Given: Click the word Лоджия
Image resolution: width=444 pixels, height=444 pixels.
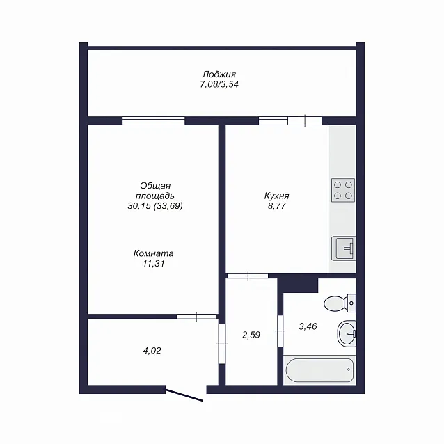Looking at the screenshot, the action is pyautogui.click(x=219, y=74).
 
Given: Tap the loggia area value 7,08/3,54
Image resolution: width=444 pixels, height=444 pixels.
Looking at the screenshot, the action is pyautogui.click(x=219, y=84).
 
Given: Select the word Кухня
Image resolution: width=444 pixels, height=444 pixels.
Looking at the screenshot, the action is pyautogui.click(x=277, y=196).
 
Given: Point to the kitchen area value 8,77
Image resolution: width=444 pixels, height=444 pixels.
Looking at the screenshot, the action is pyautogui.click(x=277, y=206).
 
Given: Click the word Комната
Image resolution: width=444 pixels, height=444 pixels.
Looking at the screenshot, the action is pyautogui.click(x=154, y=253).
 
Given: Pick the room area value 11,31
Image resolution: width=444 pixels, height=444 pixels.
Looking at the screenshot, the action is pyautogui.click(x=154, y=264).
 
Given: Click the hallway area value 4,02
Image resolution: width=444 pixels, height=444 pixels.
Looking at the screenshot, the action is pyautogui.click(x=152, y=351).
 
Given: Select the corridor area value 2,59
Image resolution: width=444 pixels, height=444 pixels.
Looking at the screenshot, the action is pyautogui.click(x=251, y=335).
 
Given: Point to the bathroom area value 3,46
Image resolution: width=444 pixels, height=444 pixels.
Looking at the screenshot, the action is pyautogui.click(x=308, y=326).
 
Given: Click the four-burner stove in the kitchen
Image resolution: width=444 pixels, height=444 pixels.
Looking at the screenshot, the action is pyautogui.click(x=343, y=190).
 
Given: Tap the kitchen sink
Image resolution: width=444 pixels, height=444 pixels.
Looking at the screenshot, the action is pyautogui.click(x=344, y=248).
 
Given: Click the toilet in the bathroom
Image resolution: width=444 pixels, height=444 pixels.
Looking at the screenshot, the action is pyautogui.click(x=340, y=303).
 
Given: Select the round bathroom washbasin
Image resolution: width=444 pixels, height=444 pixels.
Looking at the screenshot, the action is pyautogui.click(x=347, y=333).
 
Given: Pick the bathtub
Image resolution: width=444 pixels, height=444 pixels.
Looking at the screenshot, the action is pyautogui.click(x=319, y=370).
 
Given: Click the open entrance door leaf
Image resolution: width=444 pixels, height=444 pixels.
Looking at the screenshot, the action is pyautogui.click(x=184, y=395).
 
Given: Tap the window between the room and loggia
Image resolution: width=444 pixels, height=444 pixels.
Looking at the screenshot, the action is pyautogui.click(x=154, y=121).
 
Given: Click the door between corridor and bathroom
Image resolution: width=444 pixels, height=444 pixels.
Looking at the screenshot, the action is pyautogui.click(x=280, y=331).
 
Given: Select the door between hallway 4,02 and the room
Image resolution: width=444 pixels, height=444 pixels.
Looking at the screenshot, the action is pyautogui.click(x=196, y=317).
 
